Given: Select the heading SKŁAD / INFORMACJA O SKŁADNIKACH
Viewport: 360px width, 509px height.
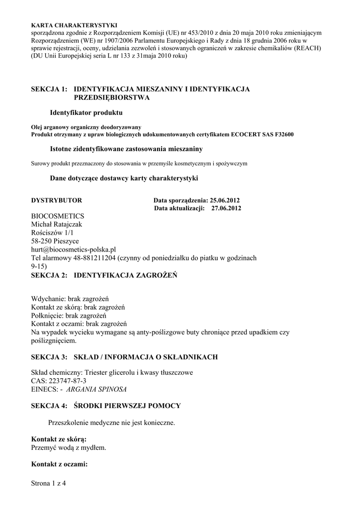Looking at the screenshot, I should [145, 357].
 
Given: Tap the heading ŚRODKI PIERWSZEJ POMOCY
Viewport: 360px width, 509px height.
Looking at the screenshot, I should [127, 406].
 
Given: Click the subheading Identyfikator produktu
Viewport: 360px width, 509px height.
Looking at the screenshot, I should [86, 113].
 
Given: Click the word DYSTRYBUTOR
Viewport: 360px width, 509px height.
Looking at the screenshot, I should [56, 200].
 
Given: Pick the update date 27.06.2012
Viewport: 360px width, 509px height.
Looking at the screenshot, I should [226, 208].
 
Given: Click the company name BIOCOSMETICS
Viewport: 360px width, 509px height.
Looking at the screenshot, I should [58, 217].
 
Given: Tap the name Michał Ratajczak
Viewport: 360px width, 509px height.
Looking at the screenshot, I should [57, 225].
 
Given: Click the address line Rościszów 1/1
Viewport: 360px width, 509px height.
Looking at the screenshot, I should [52, 233].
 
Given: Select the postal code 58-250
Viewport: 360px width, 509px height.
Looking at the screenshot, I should [41, 241].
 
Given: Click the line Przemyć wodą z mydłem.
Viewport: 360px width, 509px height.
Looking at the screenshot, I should [69, 447].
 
